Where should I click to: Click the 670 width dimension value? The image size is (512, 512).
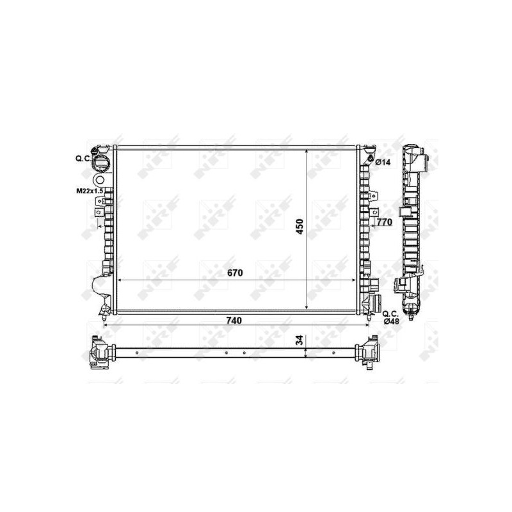pyautogui.click(x=236, y=273)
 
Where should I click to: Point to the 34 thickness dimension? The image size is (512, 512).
pyautogui.click(x=300, y=341)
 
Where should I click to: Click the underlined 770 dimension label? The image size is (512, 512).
pyautogui.click(x=383, y=223)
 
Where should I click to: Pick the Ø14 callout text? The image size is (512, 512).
pyautogui.click(x=383, y=163)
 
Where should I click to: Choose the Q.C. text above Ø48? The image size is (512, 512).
pyautogui.click(x=390, y=313)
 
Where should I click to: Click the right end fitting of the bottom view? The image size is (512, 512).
pyautogui.click(x=370, y=354)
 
